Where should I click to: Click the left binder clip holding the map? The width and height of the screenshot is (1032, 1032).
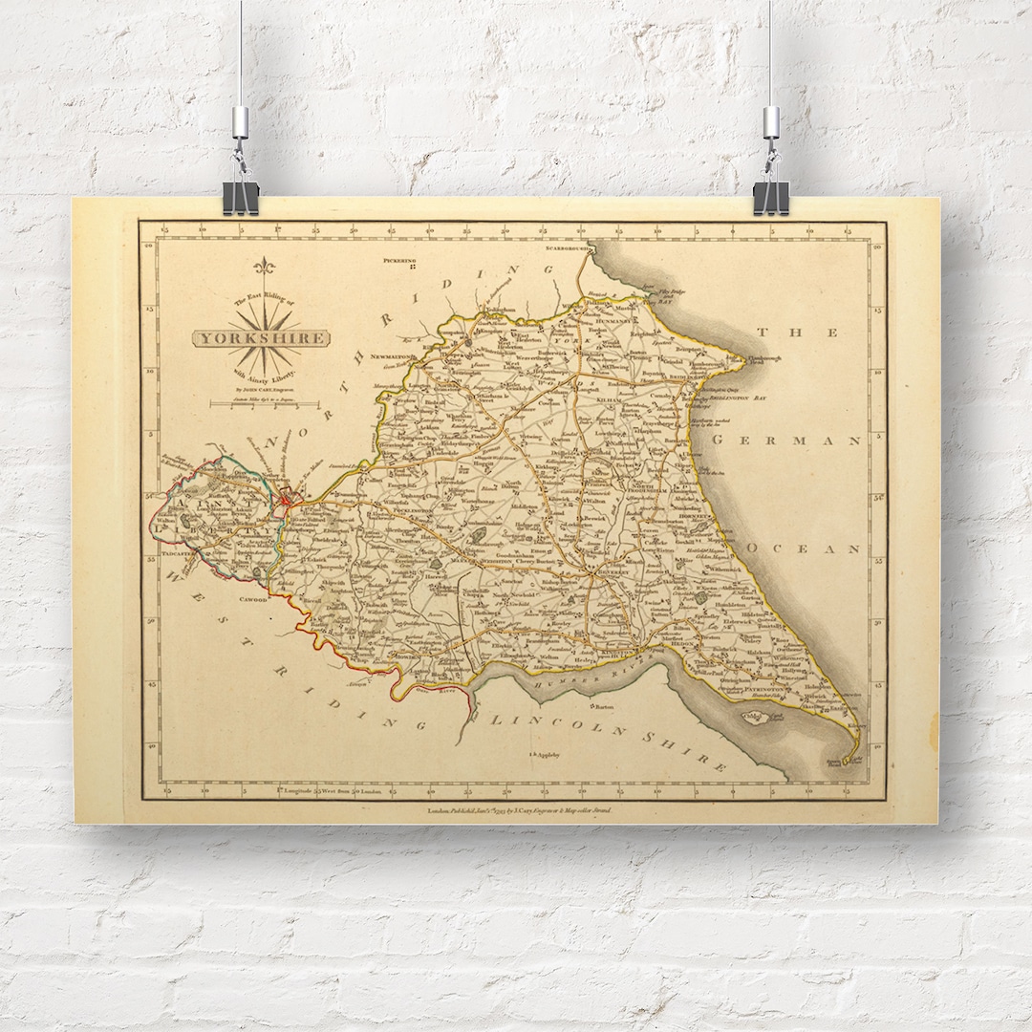(x=240, y=196)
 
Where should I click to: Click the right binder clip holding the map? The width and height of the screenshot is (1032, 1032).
(x=770, y=196)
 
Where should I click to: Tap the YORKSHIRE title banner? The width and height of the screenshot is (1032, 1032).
(x=261, y=338)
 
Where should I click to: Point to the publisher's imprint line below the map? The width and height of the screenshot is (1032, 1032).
(x=517, y=810)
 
